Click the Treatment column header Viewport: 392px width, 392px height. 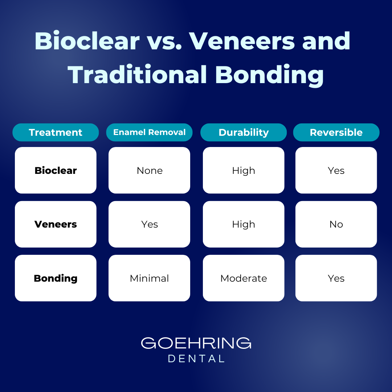click(x=56, y=132)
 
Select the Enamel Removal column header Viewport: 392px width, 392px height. click(x=149, y=132)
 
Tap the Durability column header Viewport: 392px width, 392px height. click(x=244, y=132)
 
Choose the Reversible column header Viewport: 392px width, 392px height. click(x=336, y=132)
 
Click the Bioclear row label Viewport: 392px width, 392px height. click(x=56, y=170)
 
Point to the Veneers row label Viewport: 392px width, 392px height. click(x=56, y=224)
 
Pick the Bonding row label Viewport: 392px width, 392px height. click(x=56, y=278)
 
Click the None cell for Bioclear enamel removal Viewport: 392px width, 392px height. click(x=149, y=170)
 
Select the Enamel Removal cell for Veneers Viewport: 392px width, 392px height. click(x=149, y=224)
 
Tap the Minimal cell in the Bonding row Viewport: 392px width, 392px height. click(x=149, y=278)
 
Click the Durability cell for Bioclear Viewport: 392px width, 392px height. click(x=244, y=170)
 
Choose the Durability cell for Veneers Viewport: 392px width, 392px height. click(x=244, y=224)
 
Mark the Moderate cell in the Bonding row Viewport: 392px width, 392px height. click(x=244, y=278)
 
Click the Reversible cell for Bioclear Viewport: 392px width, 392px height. click(x=336, y=170)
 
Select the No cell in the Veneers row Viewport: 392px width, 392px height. click(x=336, y=224)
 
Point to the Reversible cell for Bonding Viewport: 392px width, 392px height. click(x=336, y=278)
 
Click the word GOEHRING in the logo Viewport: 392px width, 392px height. click(x=196, y=343)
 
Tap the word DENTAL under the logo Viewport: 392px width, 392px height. click(x=196, y=359)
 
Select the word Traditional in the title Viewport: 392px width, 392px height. click(x=137, y=75)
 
